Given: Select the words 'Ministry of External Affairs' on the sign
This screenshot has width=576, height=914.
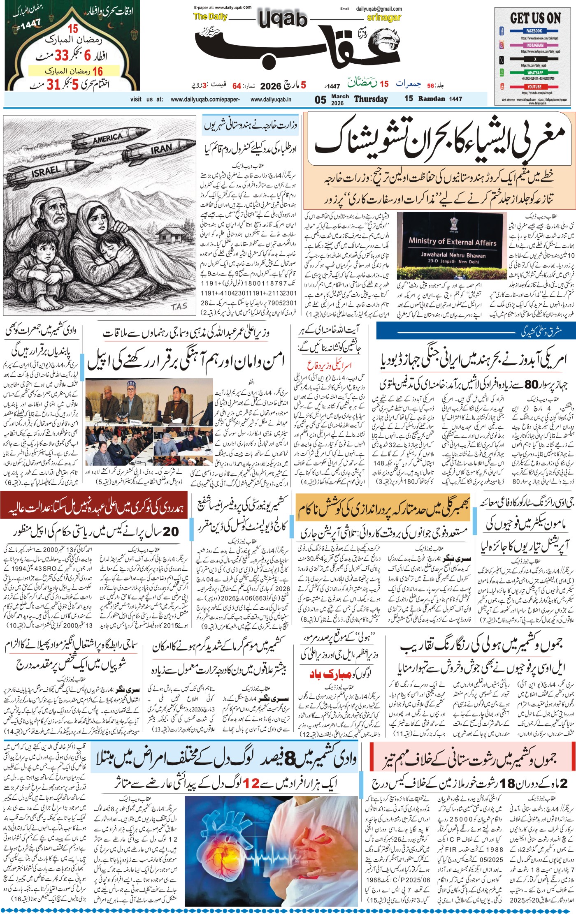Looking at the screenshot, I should (x=453, y=242).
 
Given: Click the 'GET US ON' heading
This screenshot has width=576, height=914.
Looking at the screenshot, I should (x=535, y=19).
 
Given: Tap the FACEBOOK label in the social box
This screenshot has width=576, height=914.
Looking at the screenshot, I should (x=534, y=31).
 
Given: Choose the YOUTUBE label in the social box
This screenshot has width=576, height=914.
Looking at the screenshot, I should (x=534, y=87).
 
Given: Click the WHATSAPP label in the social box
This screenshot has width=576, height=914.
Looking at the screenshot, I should (x=534, y=73).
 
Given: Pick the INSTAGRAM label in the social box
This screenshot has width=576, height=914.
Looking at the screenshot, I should (x=534, y=45).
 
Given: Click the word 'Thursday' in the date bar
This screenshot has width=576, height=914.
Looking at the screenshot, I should (x=371, y=99).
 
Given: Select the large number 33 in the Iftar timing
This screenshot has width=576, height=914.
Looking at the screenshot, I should (x=64, y=55).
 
